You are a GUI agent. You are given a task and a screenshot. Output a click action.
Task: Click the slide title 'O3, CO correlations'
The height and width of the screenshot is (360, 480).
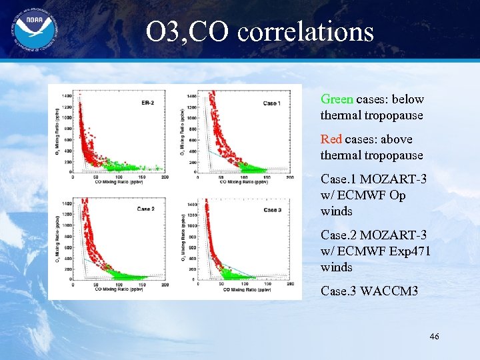pyautogui.click(x=260, y=32)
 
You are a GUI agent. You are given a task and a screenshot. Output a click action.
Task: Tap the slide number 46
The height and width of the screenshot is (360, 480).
pyautogui.click(x=434, y=337)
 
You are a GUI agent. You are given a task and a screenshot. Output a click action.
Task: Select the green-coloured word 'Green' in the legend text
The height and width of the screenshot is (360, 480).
pyautogui.click(x=337, y=99)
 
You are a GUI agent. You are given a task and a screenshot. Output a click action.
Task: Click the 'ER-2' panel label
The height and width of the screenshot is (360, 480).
pyautogui.click(x=149, y=103)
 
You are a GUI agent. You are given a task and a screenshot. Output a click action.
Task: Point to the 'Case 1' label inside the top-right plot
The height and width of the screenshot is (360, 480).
pyautogui.click(x=271, y=103)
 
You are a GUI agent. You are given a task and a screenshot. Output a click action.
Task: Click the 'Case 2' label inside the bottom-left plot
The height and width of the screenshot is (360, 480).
pyautogui.click(x=146, y=209)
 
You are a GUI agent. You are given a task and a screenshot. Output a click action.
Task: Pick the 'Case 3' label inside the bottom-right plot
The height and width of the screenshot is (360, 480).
pyautogui.click(x=271, y=210)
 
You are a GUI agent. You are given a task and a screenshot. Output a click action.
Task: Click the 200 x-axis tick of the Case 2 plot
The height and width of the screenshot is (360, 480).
pyautogui.click(x=164, y=285)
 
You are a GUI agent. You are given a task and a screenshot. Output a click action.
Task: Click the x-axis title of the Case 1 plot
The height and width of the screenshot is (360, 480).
pyautogui.click(x=244, y=181)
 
